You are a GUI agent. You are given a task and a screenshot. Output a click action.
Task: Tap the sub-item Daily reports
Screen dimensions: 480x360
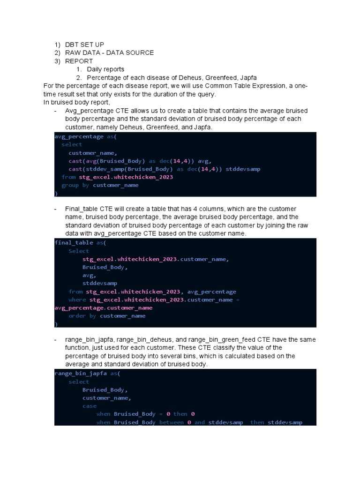[x=105, y=69]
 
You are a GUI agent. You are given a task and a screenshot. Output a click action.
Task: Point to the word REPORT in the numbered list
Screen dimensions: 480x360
[x=79, y=61]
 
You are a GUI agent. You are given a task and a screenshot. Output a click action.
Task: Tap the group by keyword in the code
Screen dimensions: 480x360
[x=75, y=185]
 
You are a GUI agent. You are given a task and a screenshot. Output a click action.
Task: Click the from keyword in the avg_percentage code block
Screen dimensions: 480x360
[x=68, y=177]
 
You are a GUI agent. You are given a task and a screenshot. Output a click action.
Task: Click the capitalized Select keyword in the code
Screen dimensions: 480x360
[x=79, y=251]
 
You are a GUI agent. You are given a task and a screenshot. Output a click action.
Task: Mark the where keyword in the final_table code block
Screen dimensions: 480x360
[x=77, y=300]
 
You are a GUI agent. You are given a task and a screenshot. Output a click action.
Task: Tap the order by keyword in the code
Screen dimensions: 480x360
[x=82, y=315]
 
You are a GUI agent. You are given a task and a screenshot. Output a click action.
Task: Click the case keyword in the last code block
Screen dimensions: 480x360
[x=89, y=406]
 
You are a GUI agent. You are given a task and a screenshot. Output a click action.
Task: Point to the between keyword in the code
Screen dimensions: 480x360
[x=172, y=422]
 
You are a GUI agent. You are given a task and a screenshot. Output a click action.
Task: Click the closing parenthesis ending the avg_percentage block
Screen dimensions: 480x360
[x=56, y=193]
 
